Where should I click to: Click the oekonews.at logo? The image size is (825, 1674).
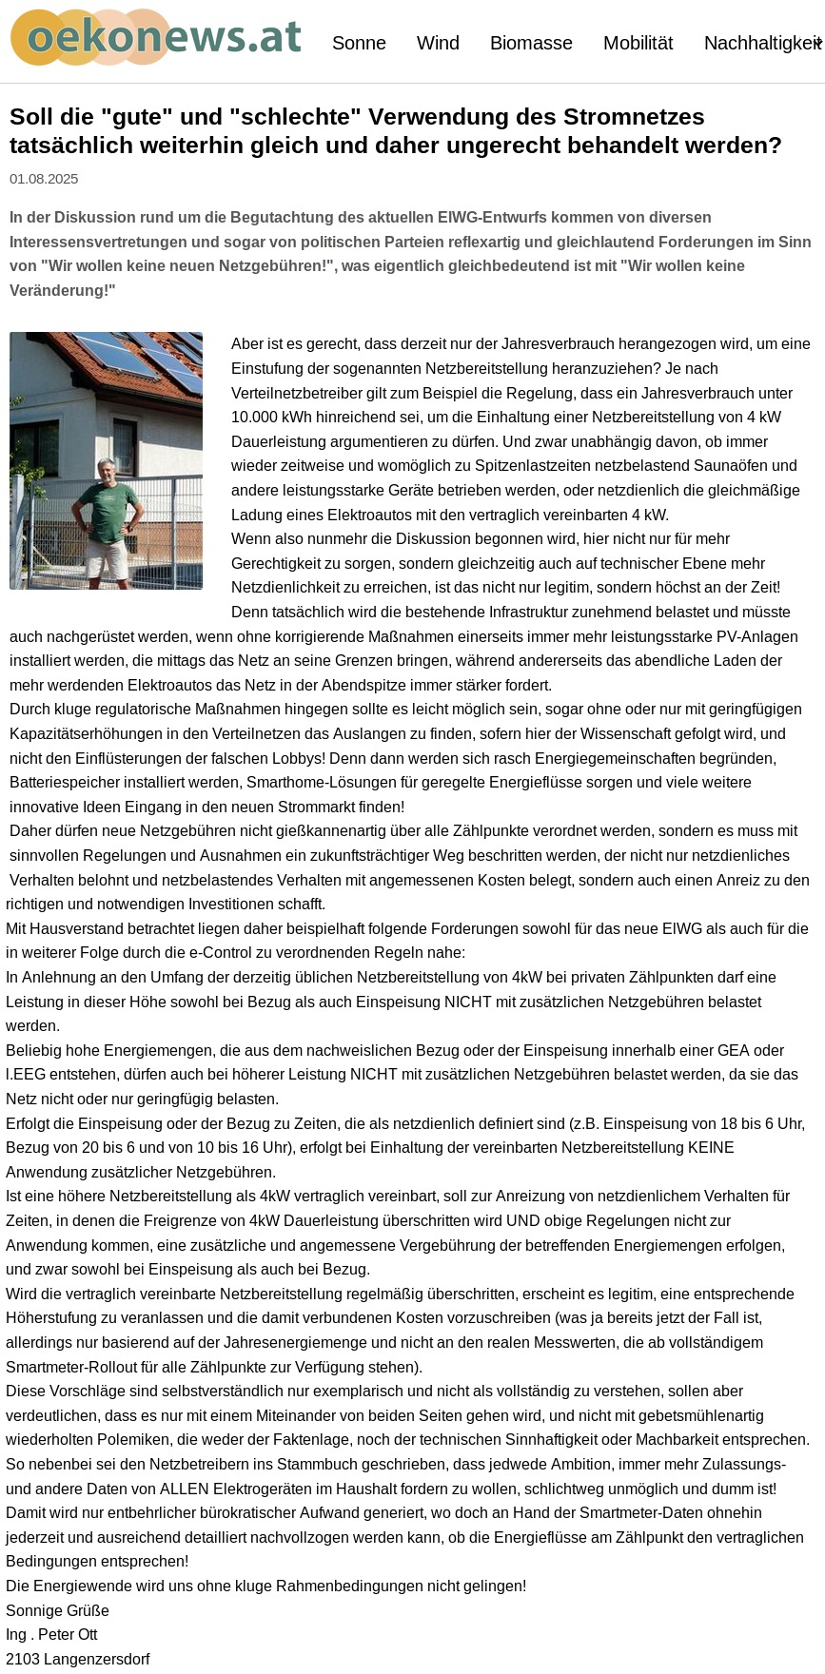156,38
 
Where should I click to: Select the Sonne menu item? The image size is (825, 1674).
359,43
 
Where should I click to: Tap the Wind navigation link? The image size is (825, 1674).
438,43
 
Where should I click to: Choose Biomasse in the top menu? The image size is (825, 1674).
531,43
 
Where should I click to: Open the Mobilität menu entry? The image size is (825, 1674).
638,43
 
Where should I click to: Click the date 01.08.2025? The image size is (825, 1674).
44,179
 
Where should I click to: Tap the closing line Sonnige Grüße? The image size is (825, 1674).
57,1610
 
